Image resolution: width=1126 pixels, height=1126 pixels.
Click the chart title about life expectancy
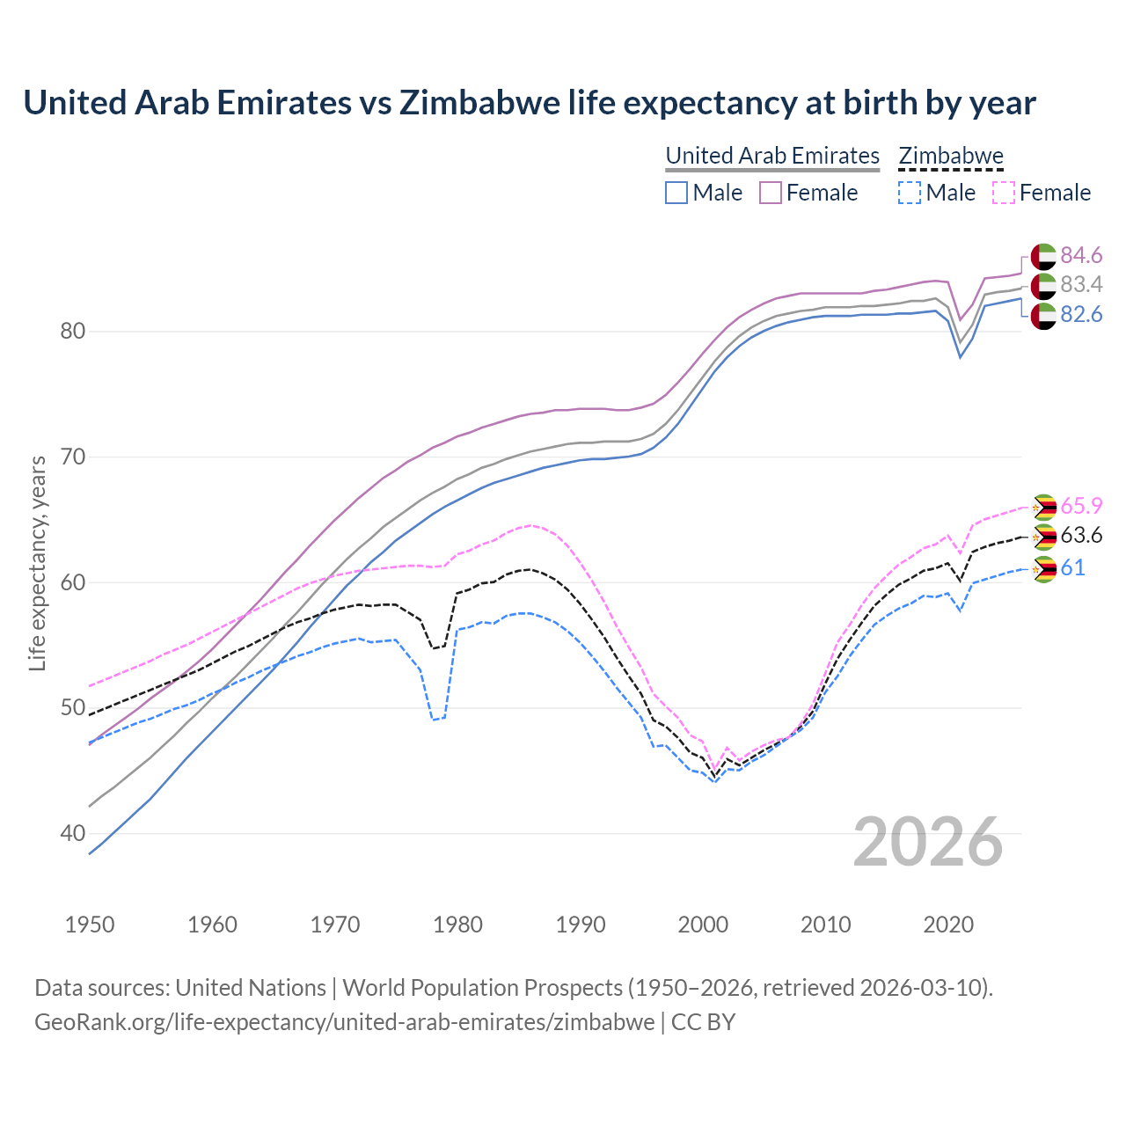pyautogui.click(x=530, y=103)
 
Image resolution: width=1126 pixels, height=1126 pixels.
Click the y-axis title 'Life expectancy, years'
pyautogui.click(x=37, y=563)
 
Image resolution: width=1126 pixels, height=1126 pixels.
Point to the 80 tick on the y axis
pyautogui.click(x=73, y=332)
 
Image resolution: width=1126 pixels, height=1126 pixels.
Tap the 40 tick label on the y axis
pyautogui.click(x=73, y=833)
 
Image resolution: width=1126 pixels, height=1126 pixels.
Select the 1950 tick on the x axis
pyautogui.click(x=90, y=925)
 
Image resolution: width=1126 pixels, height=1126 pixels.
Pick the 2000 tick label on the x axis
pyautogui.click(x=703, y=925)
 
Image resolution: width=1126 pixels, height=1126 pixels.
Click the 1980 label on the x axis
pyautogui.click(x=457, y=925)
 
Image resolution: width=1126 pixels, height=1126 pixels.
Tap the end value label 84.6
pyautogui.click(x=1081, y=255)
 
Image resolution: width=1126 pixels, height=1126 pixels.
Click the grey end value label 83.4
pyautogui.click(x=1081, y=285)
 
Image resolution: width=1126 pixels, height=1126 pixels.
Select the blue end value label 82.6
pyautogui.click(x=1081, y=315)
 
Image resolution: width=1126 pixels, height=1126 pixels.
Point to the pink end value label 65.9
pyautogui.click(x=1081, y=506)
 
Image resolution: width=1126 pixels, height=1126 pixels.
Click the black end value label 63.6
pyautogui.click(x=1081, y=536)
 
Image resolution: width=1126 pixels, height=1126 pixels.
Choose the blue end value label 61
pyautogui.click(x=1072, y=567)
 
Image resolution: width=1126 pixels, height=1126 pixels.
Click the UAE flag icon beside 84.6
pyautogui.click(x=1043, y=256)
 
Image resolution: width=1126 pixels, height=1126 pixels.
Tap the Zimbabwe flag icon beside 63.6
pyautogui.click(x=1043, y=537)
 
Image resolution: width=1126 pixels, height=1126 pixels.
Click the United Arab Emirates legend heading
pyautogui.click(x=772, y=156)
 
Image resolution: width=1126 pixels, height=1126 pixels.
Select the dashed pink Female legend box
pyautogui.click(x=1004, y=193)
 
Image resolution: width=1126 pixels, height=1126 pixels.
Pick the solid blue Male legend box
pyautogui.click(x=676, y=193)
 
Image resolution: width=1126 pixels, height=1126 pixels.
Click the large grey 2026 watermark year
pyautogui.click(x=928, y=842)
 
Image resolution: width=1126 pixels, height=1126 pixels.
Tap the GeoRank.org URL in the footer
pyautogui.click(x=344, y=1022)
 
